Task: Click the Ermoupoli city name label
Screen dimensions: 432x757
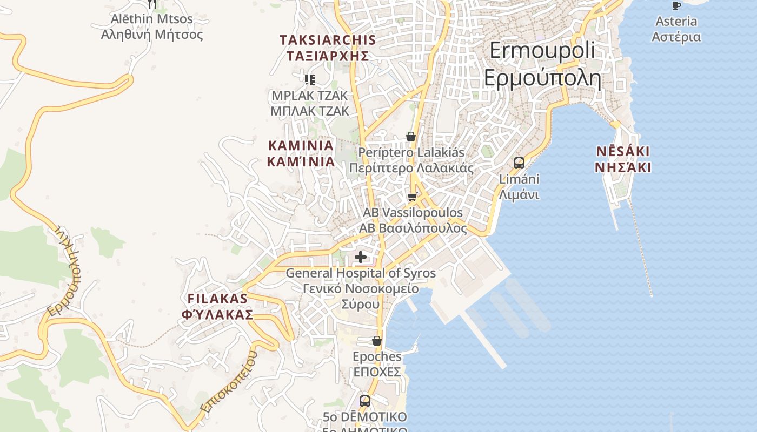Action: [542, 64]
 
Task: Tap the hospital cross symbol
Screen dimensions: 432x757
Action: [361, 257]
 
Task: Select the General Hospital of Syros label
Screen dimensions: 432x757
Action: [360, 288]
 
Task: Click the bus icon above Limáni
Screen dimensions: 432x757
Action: [519, 163]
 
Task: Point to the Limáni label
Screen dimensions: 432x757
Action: [519, 187]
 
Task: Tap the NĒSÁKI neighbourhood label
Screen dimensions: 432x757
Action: [622, 159]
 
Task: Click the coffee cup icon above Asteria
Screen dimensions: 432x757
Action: [676, 5]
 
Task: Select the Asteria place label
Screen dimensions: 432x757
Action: [676, 29]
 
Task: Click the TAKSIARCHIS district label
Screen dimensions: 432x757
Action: [328, 48]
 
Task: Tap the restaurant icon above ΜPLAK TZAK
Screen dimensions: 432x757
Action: [310, 80]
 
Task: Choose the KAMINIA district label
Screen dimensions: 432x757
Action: [301, 153]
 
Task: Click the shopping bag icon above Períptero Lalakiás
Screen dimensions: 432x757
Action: [411, 137]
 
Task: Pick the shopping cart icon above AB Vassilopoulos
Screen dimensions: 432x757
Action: [413, 197]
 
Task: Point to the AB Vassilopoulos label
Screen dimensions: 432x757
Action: [413, 220]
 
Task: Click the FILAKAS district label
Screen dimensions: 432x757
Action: [217, 306]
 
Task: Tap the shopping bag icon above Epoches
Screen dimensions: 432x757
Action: [377, 341]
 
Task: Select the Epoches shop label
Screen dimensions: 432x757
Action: [377, 364]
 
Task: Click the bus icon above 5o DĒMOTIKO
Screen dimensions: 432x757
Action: [365, 401]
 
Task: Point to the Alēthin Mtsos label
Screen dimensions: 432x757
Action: [152, 27]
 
